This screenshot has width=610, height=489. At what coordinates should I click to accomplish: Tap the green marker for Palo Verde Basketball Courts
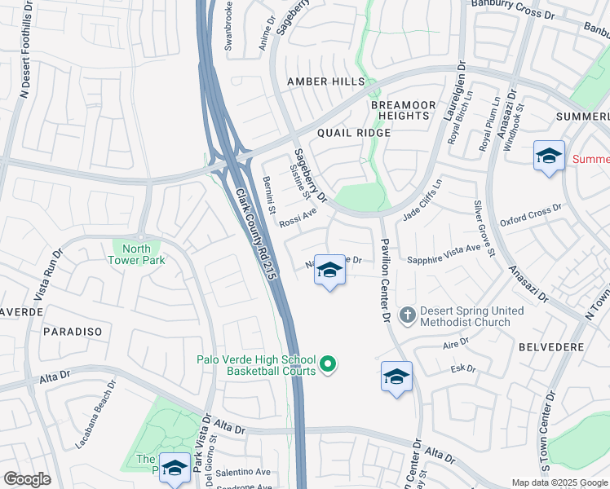(328, 364)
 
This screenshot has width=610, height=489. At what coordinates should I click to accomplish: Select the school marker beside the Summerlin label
(549, 155)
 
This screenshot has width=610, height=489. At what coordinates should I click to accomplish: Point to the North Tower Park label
(137, 254)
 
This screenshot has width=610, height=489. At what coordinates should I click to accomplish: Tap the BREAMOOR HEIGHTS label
(400, 110)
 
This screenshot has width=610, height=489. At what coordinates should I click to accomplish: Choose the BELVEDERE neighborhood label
(551, 346)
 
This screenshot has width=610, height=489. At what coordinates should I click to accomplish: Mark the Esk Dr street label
(462, 368)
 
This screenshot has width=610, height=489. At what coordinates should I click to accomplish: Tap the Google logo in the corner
(27, 478)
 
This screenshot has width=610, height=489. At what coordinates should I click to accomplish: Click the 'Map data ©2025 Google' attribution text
(559, 482)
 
